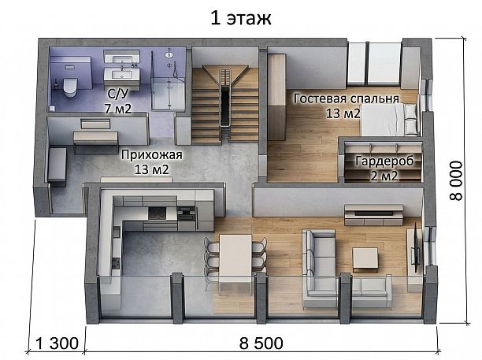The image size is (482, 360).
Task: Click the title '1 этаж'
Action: point(241,18)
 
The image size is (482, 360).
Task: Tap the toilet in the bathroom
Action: point(70,87)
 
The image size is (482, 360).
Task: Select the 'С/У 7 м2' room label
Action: point(117,101)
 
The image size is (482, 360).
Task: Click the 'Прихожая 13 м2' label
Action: point(152,162)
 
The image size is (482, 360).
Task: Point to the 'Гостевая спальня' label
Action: point(347,98)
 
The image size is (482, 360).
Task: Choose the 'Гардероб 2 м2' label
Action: point(384,168)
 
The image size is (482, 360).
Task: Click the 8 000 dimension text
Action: point(456,180)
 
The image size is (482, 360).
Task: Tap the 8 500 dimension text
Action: point(261,343)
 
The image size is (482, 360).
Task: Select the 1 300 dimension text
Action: point(57,343)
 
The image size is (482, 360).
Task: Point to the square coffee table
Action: point(365,260)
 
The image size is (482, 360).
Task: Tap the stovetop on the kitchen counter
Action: point(157,213)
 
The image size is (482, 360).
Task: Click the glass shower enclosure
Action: point(169,80)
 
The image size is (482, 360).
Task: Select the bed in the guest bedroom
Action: point(390,120)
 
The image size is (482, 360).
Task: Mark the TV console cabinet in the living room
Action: point(373,215)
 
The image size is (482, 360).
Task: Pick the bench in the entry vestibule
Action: point(57,166)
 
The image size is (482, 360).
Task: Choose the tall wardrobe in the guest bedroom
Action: point(276,97)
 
